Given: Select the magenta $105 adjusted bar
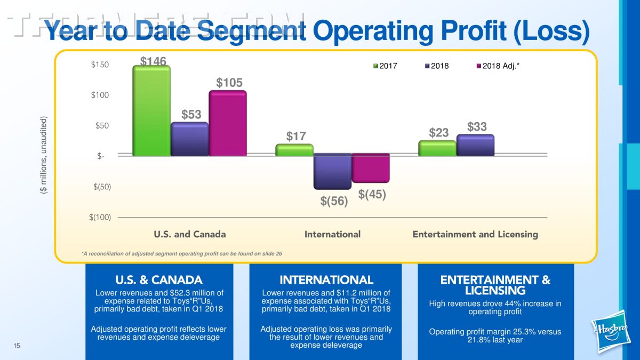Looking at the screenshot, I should (x=227, y=123).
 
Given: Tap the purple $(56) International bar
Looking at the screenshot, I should (x=332, y=171).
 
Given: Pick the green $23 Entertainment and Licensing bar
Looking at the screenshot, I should (x=437, y=148).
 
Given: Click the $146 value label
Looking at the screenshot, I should (x=154, y=62).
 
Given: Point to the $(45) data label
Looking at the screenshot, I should (x=372, y=195).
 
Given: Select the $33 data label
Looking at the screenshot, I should (x=477, y=127).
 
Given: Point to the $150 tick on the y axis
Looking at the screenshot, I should (x=100, y=65).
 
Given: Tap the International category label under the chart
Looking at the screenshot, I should (x=332, y=234).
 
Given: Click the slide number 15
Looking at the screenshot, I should (x=17, y=347).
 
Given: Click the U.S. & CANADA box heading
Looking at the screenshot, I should (x=159, y=280).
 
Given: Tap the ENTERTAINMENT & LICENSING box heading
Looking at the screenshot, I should (x=495, y=285).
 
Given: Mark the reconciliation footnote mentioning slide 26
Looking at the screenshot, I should (x=182, y=253).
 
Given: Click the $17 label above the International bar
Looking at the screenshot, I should (x=296, y=137).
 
